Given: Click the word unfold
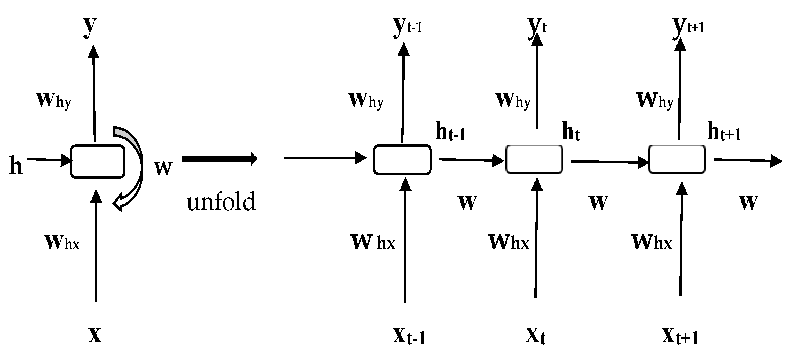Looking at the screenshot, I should tap(221, 201).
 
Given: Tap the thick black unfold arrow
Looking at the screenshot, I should tap(219, 159).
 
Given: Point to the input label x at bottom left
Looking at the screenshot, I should tap(94, 335).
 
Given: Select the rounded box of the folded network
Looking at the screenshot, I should tap(98, 161).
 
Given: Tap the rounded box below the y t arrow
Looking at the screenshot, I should tap(534, 159).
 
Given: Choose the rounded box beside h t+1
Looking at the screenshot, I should tap(677, 159).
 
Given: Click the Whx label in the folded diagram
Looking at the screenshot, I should tap(62, 243).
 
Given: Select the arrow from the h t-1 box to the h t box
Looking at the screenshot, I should tap(471, 160).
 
